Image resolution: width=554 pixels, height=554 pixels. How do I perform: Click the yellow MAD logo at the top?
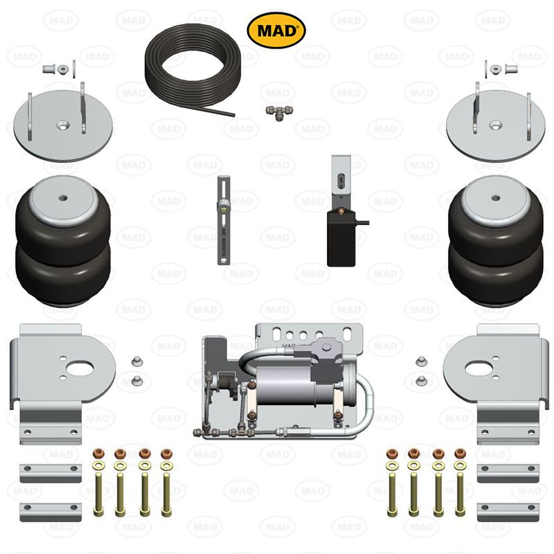tap(276, 30)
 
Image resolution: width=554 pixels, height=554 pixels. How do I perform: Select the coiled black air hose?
tap(186, 69)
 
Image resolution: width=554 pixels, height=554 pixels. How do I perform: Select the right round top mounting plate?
tap(493, 125)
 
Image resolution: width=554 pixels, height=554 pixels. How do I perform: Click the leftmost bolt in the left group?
tap(98, 485)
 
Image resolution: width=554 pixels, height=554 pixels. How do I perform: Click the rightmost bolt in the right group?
tap(460, 485)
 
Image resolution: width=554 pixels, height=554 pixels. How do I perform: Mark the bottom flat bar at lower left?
tap(51, 512)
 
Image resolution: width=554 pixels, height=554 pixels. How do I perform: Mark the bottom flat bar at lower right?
tap(507, 512)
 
